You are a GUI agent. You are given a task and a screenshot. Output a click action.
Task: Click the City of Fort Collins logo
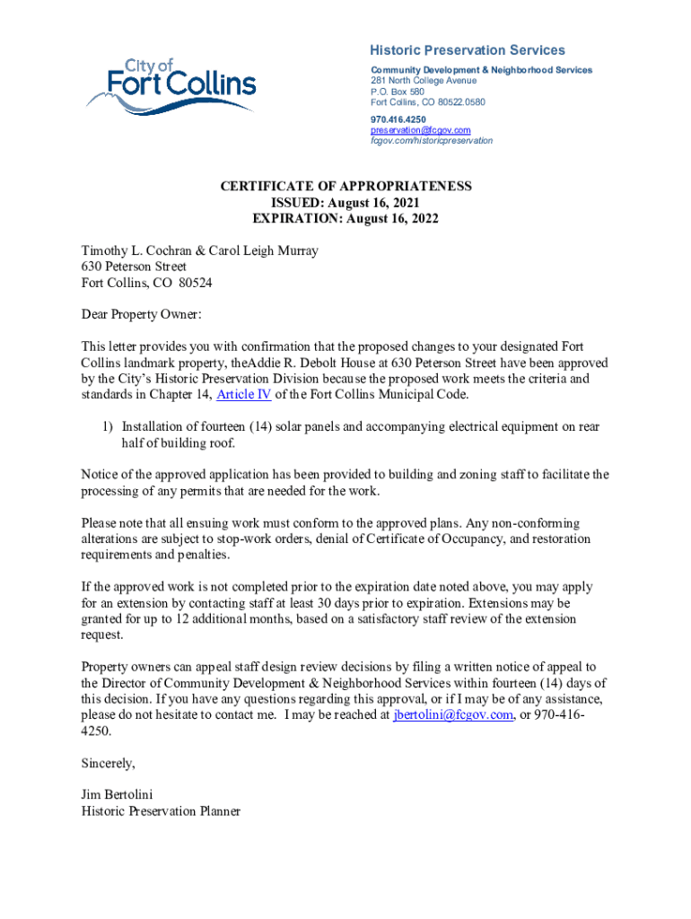171,86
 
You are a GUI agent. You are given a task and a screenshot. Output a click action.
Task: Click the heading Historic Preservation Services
468,50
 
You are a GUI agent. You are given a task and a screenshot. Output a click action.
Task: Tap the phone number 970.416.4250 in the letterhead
398,119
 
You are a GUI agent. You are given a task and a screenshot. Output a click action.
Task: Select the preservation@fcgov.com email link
420,130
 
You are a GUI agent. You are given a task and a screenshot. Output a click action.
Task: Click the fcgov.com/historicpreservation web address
432,141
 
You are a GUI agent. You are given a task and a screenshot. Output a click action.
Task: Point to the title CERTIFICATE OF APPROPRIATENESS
345,187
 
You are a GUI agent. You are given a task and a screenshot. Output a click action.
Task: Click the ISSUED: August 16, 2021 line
345,203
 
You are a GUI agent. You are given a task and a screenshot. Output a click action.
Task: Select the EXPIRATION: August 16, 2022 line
345,219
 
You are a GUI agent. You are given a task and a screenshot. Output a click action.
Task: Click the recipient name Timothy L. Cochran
135,251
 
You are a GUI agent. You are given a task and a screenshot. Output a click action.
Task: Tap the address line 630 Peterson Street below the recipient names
134,267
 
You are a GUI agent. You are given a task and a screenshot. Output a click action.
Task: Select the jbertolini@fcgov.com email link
453,715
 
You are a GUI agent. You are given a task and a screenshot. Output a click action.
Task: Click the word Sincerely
108,764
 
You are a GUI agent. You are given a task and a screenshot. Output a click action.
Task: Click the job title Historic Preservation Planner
161,811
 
